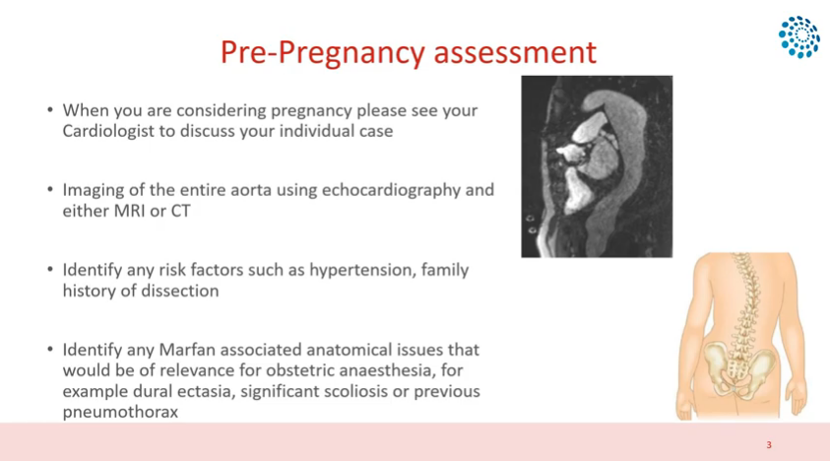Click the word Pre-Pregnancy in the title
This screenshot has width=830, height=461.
click(x=322, y=53)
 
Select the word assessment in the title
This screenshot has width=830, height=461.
click(x=515, y=52)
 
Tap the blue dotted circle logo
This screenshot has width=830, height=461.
click(x=799, y=36)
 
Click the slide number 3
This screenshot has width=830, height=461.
click(x=769, y=445)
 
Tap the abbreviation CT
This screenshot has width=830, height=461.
click(x=180, y=211)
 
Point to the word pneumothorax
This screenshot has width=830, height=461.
click(x=120, y=413)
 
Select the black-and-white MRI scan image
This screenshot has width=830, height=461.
click(x=597, y=166)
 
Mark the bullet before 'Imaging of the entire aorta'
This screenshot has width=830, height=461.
click(x=50, y=189)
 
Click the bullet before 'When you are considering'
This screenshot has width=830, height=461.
click(x=50, y=109)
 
